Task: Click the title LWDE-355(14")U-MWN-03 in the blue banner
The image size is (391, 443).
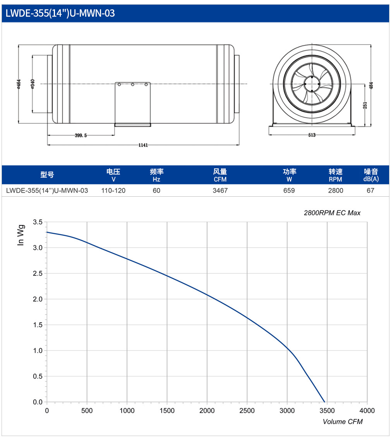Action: [60, 13]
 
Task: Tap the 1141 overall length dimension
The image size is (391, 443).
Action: [143, 145]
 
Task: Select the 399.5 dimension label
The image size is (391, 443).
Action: [81, 136]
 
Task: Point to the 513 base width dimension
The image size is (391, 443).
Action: [312, 135]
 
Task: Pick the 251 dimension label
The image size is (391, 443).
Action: [365, 106]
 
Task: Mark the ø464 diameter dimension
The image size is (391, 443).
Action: [19, 84]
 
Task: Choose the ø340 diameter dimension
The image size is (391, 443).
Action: [33, 84]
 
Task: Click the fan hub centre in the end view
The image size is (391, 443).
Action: [312, 84]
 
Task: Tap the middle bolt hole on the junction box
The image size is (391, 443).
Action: [132, 85]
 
